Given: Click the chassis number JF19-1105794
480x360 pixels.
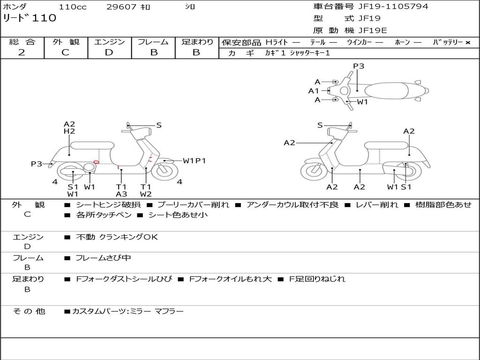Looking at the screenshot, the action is click(x=386, y=7).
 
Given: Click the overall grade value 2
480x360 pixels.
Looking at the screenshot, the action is click(x=22, y=52).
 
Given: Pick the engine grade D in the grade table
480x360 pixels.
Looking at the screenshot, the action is click(x=109, y=52).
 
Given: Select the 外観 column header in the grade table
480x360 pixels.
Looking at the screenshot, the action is click(x=66, y=42).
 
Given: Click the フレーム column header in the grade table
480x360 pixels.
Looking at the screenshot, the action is click(x=153, y=42).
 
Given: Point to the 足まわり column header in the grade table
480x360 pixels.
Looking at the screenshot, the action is click(x=197, y=42).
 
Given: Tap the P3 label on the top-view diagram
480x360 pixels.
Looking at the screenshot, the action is click(x=359, y=66).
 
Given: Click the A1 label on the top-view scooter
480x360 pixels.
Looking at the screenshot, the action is click(x=313, y=91).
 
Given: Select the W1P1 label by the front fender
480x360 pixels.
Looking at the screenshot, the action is click(x=194, y=161).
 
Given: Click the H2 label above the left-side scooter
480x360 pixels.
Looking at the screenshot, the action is click(x=69, y=132).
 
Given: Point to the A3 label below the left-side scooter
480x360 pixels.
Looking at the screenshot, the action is click(x=121, y=194).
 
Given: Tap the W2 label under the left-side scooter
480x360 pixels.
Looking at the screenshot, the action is click(x=146, y=194).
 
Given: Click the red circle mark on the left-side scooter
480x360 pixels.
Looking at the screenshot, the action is click(x=96, y=162).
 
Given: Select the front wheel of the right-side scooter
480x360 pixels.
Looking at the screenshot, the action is click(x=314, y=171).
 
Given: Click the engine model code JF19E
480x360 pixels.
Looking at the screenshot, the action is click(x=373, y=30).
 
